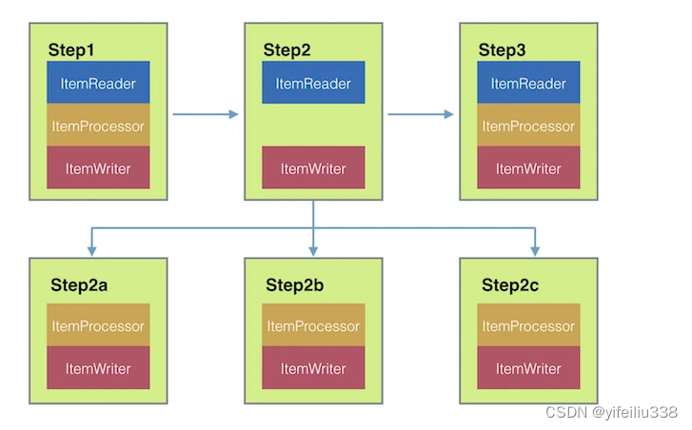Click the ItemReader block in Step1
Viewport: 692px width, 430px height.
click(x=98, y=83)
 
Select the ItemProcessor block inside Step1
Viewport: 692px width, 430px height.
click(x=98, y=125)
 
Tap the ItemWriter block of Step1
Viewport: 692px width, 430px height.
click(x=98, y=167)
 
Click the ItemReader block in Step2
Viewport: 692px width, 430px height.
click(x=313, y=83)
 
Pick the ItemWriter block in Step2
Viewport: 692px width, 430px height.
click(x=313, y=167)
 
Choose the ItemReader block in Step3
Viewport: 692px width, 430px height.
click(x=528, y=83)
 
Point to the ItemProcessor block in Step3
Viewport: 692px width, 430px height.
click(x=528, y=125)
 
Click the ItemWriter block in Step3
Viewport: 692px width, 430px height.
click(x=528, y=167)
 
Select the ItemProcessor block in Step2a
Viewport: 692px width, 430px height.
click(x=98, y=324)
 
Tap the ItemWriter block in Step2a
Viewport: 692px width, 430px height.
click(x=98, y=367)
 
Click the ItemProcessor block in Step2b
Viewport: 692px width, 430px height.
click(x=313, y=324)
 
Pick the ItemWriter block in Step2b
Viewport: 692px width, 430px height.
click(x=313, y=367)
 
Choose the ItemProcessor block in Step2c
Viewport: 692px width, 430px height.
click(x=528, y=324)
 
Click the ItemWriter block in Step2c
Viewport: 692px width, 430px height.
click(x=528, y=367)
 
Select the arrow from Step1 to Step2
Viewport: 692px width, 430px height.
click(x=206, y=115)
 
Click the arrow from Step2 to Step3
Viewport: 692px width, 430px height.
click(x=421, y=115)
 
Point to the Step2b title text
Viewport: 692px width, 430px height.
click(x=294, y=284)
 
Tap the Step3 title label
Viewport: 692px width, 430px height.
click(x=502, y=49)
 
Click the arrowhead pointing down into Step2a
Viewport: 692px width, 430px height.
click(x=91, y=251)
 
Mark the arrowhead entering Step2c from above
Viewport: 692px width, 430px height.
click(x=535, y=251)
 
